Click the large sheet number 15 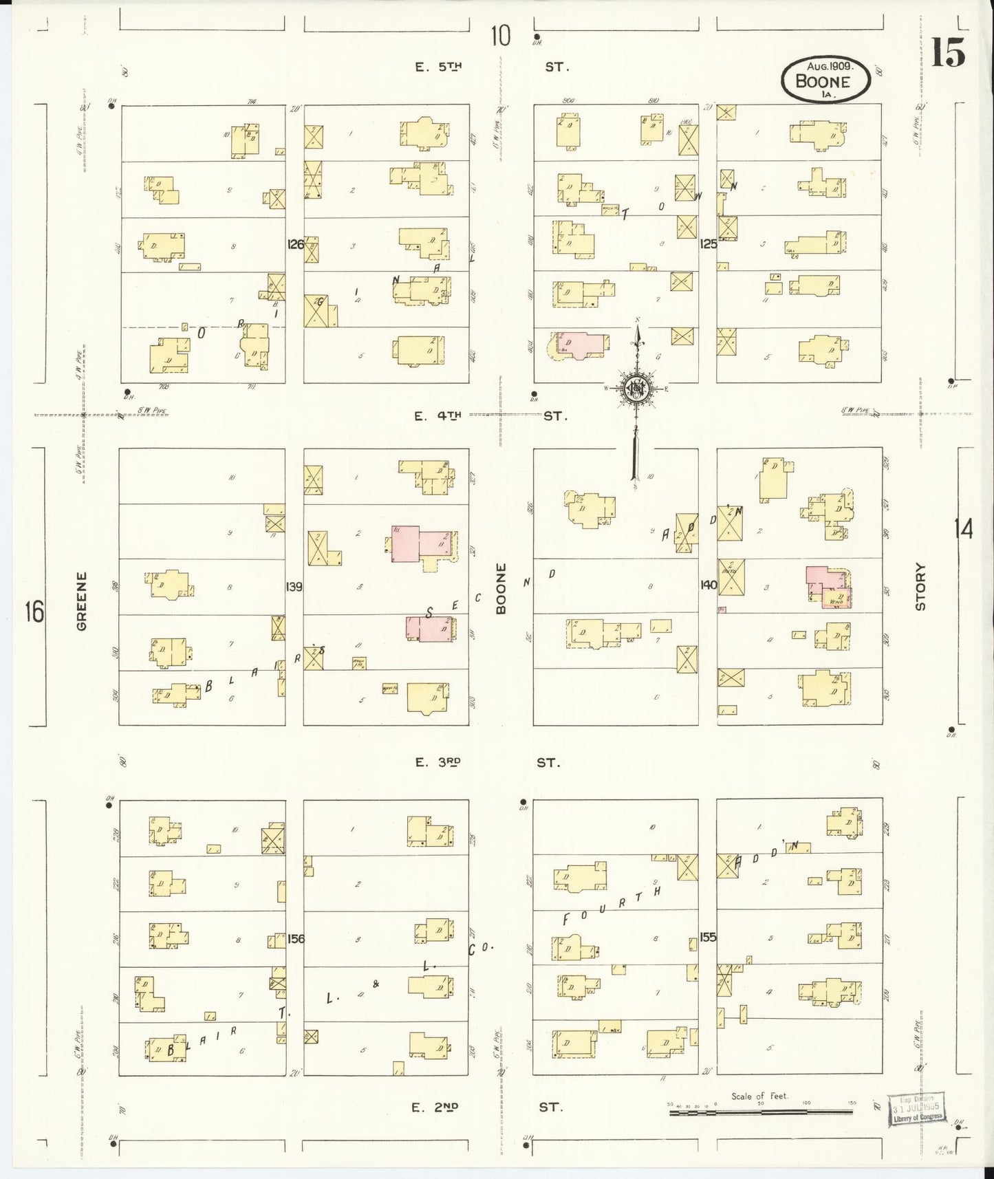(948, 52)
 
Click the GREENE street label (82, 601)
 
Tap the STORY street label (920, 587)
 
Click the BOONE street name (501, 589)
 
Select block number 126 (295, 244)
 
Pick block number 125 (708, 244)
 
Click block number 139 (294, 587)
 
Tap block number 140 (708, 585)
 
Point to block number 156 (296, 938)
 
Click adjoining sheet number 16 (34, 610)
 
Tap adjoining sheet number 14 (963, 530)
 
